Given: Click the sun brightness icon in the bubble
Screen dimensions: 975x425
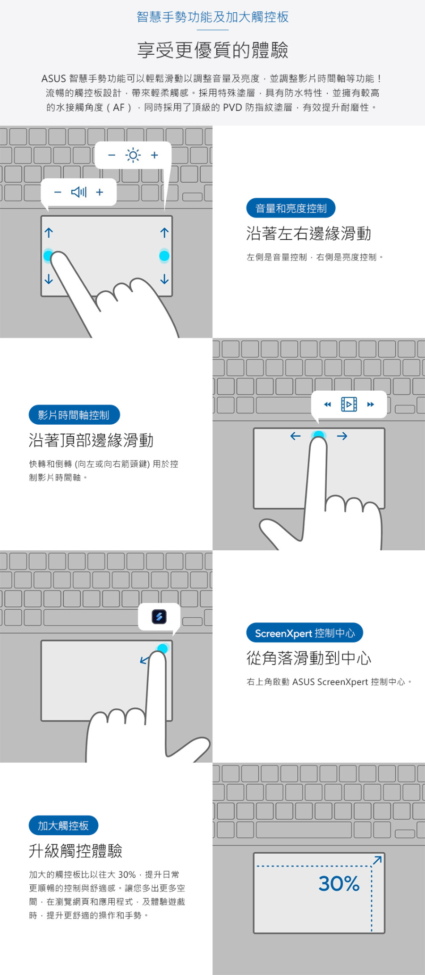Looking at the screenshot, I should tap(133, 155).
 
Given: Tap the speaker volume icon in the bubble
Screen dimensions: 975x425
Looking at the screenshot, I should tap(79, 192).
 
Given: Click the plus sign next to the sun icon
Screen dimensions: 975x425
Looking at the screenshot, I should tap(154, 155).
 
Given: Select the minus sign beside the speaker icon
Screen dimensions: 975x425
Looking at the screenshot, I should tap(58, 192).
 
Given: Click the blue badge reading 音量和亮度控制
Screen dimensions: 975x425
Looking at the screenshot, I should tap(291, 208).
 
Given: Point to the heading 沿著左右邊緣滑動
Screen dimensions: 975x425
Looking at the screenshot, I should tap(308, 234).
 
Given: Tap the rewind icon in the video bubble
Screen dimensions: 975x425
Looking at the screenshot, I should tap(327, 404).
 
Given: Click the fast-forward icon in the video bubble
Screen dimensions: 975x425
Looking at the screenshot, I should tap(371, 404).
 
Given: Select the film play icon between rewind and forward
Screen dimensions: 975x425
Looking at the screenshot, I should tap(349, 404).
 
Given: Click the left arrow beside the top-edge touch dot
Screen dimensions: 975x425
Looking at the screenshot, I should tap(296, 436).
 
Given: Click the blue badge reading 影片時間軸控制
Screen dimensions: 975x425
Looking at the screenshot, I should tap(74, 415).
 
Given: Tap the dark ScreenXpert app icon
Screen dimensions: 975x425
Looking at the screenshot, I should tap(159, 616).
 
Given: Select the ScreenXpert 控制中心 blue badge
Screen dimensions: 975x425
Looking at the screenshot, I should tap(305, 633).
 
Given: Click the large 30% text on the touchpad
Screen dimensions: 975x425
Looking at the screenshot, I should tap(339, 883).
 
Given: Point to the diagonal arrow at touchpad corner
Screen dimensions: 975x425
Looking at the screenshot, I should tap(377, 860).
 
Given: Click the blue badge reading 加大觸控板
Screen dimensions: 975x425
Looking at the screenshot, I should tap(63, 825).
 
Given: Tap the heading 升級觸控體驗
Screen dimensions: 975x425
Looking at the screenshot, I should tap(76, 851).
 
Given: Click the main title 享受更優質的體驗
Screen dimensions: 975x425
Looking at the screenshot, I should tap(212, 50).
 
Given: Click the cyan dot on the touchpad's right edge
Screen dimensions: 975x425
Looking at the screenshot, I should tap(164, 256).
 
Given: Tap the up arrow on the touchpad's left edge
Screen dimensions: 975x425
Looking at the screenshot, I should tap(49, 233).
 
